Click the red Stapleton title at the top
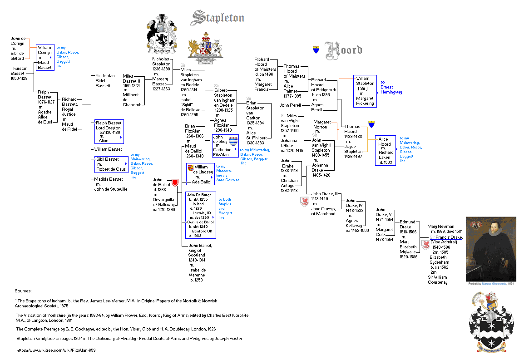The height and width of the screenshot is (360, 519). (x=218, y=18)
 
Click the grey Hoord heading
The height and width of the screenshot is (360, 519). (x=344, y=50)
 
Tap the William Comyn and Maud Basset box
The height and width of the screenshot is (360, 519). (x=45, y=58)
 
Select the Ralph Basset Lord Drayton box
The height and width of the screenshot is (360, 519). (x=109, y=132)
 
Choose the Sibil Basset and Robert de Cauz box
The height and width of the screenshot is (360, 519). (x=111, y=164)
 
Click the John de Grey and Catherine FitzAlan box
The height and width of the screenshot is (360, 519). (x=225, y=146)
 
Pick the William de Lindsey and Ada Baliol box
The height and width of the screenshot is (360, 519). (x=200, y=174)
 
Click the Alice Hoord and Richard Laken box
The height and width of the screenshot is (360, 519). (x=386, y=150)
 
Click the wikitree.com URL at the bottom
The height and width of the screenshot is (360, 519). (x=56, y=350)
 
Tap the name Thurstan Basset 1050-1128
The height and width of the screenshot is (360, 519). (x=19, y=73)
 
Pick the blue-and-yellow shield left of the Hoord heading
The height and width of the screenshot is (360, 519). (x=316, y=50)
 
